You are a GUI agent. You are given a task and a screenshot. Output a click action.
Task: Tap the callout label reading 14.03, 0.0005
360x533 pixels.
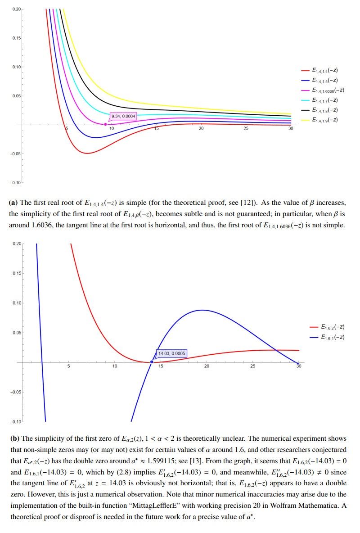tap(171, 353)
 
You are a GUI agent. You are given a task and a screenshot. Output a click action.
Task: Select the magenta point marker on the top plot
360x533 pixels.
tap(106, 124)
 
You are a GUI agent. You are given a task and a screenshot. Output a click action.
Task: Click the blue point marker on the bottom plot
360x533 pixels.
tap(152, 362)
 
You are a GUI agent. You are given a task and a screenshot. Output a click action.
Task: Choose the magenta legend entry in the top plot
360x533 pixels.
tap(323, 90)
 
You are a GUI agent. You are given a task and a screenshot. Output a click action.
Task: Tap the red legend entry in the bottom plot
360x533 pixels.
tap(327, 327)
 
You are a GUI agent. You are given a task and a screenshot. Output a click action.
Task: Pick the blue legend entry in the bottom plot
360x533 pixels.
tap(327, 337)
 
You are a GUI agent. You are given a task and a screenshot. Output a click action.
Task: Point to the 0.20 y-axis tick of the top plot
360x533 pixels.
tap(17, 9)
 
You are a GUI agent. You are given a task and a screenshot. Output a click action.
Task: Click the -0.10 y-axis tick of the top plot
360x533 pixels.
tap(15, 182)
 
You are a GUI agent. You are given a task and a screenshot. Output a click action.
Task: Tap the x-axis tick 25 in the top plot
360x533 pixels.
tap(246, 129)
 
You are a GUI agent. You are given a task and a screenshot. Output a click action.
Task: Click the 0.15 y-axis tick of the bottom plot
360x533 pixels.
tap(17, 273)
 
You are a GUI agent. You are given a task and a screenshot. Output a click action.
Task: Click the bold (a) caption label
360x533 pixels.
tap(13, 203)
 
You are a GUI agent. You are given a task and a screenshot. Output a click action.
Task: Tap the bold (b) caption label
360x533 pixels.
tap(14, 438)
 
